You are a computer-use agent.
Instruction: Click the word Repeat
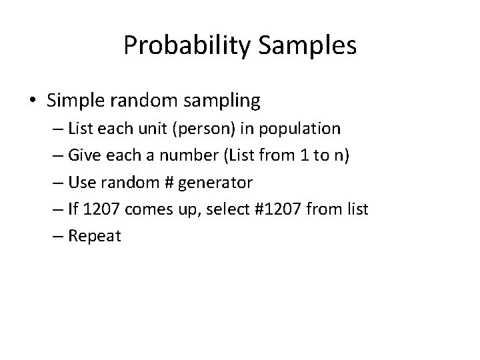pos(96,236)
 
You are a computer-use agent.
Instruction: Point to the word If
pos(74,209)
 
